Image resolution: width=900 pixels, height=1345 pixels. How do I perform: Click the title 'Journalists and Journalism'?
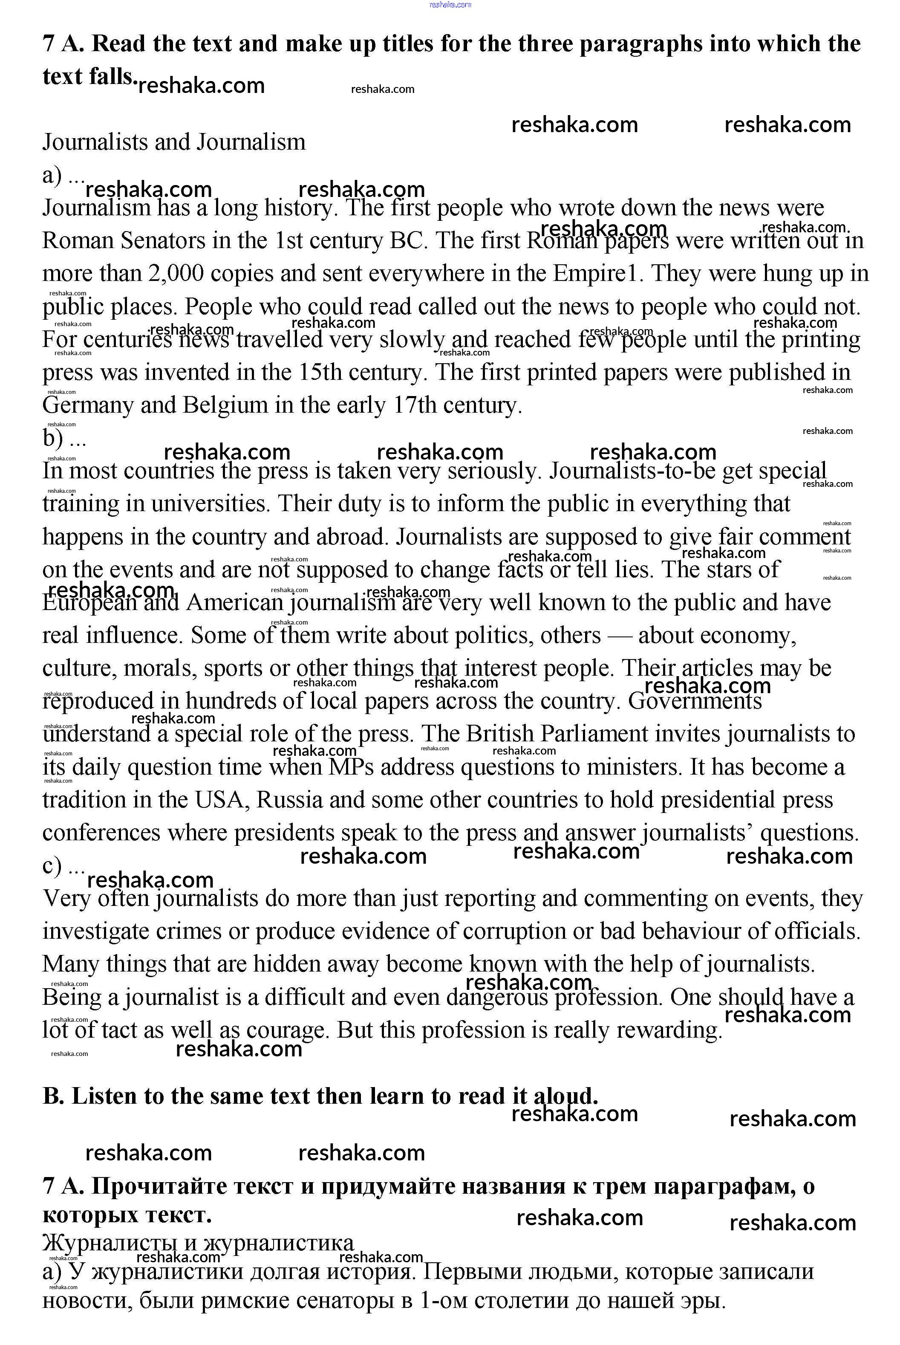(x=174, y=142)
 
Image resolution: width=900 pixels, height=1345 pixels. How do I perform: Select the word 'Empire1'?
(x=595, y=273)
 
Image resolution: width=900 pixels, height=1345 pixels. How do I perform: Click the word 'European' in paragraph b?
(x=89, y=603)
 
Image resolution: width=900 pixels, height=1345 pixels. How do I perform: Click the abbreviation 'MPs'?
(x=351, y=767)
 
